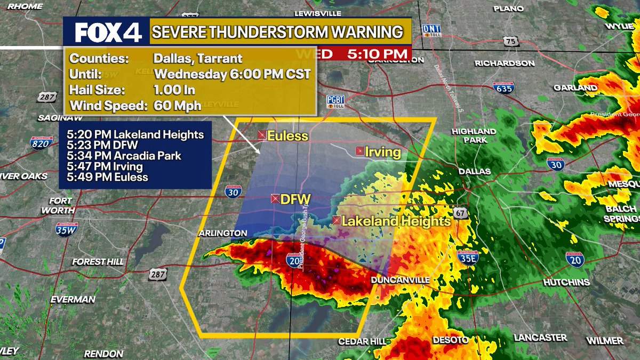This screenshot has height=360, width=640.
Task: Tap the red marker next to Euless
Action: [x=262, y=135]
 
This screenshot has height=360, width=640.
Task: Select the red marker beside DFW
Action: [x=275, y=199]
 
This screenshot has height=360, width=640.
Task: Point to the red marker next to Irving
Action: [x=360, y=151]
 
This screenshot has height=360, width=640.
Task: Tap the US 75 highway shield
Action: [x=511, y=42]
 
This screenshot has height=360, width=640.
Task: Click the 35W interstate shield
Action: [x=67, y=229]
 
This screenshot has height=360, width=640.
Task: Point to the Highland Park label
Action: [x=474, y=135]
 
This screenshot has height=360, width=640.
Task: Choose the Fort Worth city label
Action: [x=57, y=205]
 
